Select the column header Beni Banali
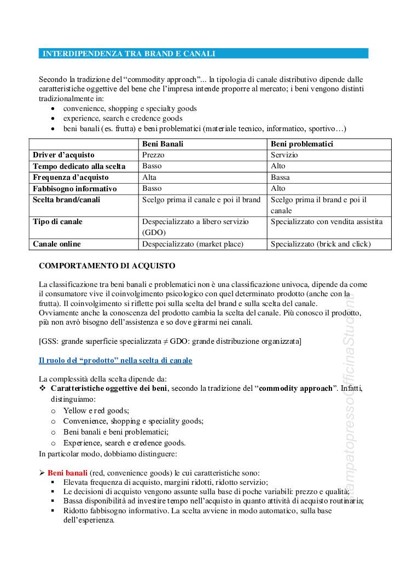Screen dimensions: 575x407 click(x=162, y=144)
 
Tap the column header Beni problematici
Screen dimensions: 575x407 click(x=302, y=144)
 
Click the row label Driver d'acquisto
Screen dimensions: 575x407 click(x=63, y=155)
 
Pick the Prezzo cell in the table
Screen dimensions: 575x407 click(x=153, y=155)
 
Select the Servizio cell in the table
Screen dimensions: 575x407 click(x=284, y=155)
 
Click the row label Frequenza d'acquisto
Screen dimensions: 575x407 click(x=71, y=177)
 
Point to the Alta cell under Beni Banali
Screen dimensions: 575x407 click(x=149, y=177)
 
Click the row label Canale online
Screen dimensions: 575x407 click(x=56, y=244)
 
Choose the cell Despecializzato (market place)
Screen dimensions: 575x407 click(x=193, y=244)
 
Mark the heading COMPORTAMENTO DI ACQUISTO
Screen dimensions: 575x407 click(x=107, y=266)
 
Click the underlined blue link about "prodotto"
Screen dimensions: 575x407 click(x=115, y=361)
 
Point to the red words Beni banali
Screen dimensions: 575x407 click(x=67, y=472)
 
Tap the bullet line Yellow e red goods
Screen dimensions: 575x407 click(x=96, y=410)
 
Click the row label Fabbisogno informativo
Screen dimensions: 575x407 click(x=75, y=188)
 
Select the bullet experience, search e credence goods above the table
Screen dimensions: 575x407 click(x=123, y=119)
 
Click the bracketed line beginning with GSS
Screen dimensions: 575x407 click(x=170, y=342)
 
